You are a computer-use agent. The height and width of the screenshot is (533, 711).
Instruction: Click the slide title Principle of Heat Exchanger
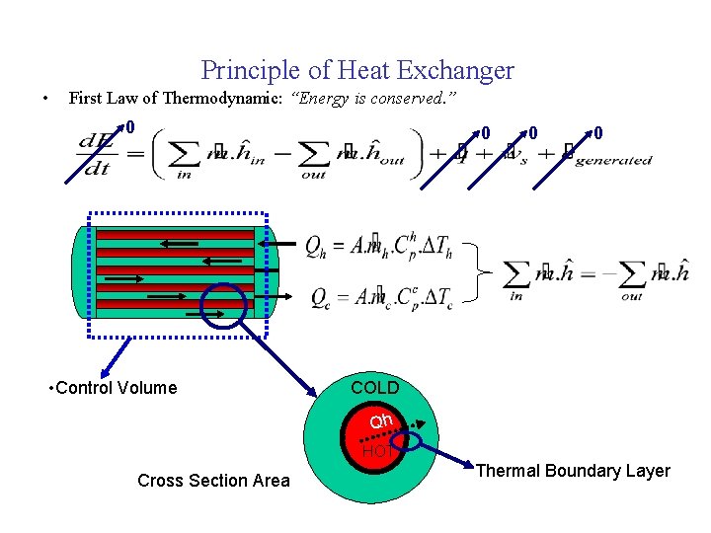(357, 70)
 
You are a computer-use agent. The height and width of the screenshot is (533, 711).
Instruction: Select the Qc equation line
(380, 296)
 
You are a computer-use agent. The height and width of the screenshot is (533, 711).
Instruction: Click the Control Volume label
(113, 388)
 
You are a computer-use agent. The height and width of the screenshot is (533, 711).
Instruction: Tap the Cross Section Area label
(213, 481)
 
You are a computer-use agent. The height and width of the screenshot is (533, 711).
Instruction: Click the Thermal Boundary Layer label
(573, 471)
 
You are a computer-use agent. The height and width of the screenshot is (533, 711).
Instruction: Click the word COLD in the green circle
(375, 388)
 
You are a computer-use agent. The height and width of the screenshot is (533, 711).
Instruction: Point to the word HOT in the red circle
(375, 452)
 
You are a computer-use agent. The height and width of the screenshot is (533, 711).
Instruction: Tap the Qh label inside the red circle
(381, 421)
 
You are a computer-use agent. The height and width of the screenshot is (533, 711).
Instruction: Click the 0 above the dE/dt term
(129, 127)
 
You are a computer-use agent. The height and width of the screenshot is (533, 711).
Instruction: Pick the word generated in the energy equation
(613, 161)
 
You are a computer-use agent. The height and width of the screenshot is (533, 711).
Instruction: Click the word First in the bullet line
(85, 99)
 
